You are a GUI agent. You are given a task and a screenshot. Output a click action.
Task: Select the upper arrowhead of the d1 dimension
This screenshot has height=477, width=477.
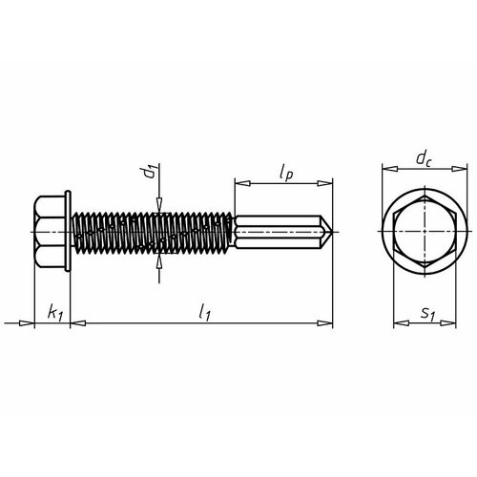coord(157,201)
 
